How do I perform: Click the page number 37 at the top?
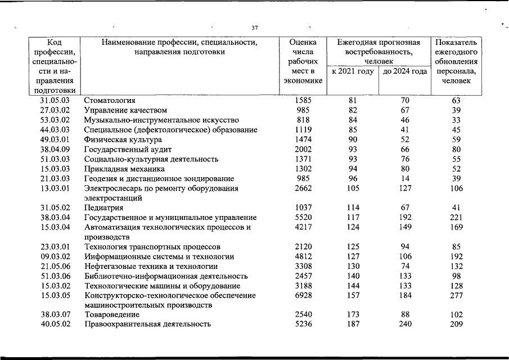coord(255,28)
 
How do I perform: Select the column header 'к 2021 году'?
coord(353,71)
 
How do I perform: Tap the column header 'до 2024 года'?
coord(404,71)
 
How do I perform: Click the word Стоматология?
coord(110,100)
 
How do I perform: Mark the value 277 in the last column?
coord(456,295)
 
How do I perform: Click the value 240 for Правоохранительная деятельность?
coord(404,324)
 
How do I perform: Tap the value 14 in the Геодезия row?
coord(404,178)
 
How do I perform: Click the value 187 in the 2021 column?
coord(353,324)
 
